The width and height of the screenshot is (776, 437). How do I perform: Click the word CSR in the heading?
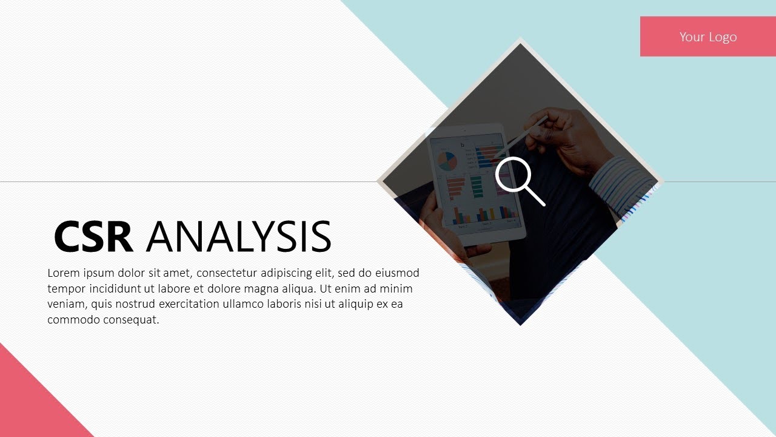93,237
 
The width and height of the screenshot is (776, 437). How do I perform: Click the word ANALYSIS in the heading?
238,237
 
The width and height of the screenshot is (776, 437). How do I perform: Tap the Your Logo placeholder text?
707,36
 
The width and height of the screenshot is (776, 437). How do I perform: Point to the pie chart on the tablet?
447,161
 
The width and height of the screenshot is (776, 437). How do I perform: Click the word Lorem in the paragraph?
64,273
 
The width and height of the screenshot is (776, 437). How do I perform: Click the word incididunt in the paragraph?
110,289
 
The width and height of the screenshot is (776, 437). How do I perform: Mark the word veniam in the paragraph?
67,304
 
